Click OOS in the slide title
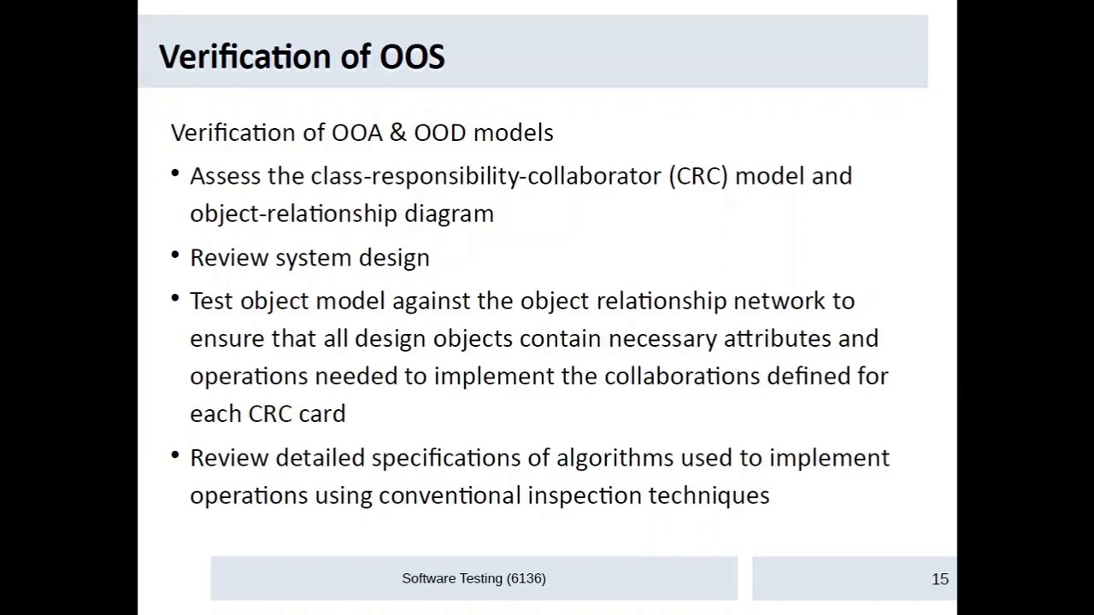(x=412, y=56)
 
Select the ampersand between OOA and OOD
(x=397, y=132)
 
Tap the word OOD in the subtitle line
(x=440, y=132)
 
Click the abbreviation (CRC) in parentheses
(x=698, y=176)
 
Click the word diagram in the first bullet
(x=449, y=214)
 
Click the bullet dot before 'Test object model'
(x=175, y=298)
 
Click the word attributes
(x=777, y=338)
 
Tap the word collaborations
(x=681, y=376)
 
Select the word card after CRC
(x=322, y=413)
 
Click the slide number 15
(x=940, y=579)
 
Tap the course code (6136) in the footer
(x=526, y=578)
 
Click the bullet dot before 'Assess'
(x=175, y=173)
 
